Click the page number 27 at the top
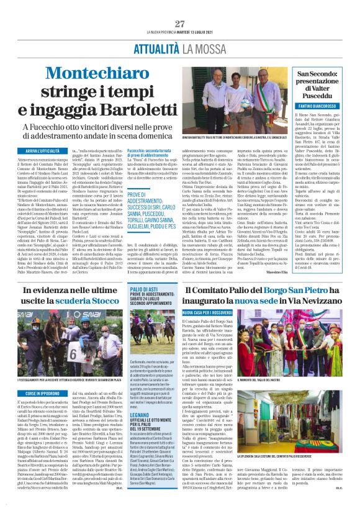(179, 24)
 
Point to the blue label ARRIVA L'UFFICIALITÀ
(47, 151)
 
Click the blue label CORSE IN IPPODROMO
(47, 393)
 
